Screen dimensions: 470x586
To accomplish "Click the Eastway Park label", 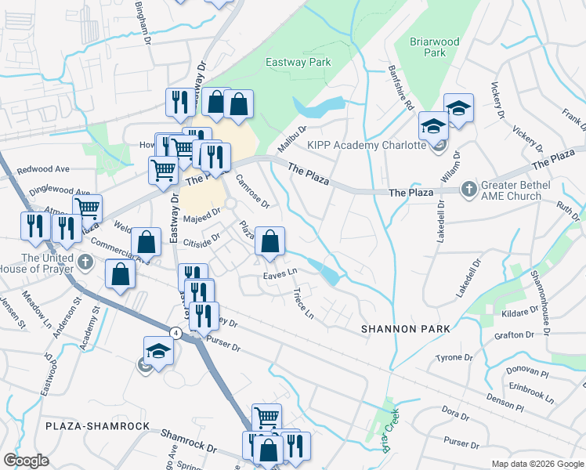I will (298, 62).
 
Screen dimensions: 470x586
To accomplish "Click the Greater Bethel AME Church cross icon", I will (468, 188).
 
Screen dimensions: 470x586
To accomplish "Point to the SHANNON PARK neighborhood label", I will (405, 329).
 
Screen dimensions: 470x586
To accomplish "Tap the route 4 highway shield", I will (176, 333).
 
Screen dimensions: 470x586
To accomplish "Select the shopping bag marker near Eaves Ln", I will (269, 243).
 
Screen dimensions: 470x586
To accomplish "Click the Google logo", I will (27, 461).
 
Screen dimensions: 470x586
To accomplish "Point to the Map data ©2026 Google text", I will (537, 464).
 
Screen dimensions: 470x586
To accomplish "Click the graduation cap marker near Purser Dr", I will (157, 350).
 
